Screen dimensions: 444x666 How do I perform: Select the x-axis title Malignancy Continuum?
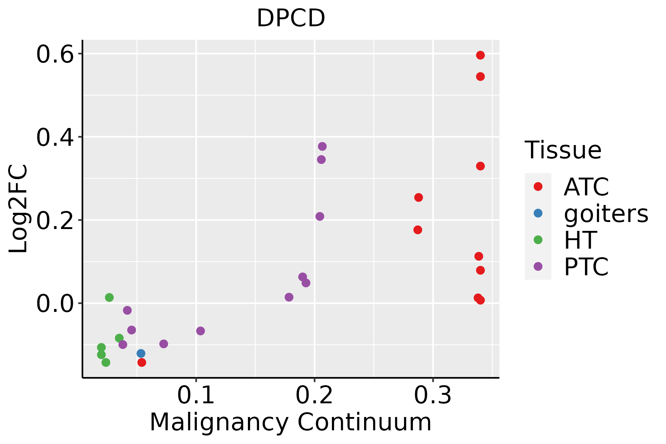290,423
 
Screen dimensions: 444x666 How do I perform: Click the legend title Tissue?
563,150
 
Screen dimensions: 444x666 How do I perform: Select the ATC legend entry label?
586,187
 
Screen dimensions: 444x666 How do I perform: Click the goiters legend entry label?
606,213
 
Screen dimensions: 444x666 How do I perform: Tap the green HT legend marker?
538,240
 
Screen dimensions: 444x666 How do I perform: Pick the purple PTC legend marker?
538,266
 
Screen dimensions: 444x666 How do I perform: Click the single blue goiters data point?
141,353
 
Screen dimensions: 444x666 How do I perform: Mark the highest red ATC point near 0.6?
480,55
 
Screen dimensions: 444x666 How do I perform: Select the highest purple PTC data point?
322,147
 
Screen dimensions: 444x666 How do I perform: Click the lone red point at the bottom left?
142,362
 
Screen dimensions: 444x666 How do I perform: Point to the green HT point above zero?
109,297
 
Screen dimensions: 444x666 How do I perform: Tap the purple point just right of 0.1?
201,331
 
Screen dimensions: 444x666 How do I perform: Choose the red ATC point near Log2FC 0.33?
480,166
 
